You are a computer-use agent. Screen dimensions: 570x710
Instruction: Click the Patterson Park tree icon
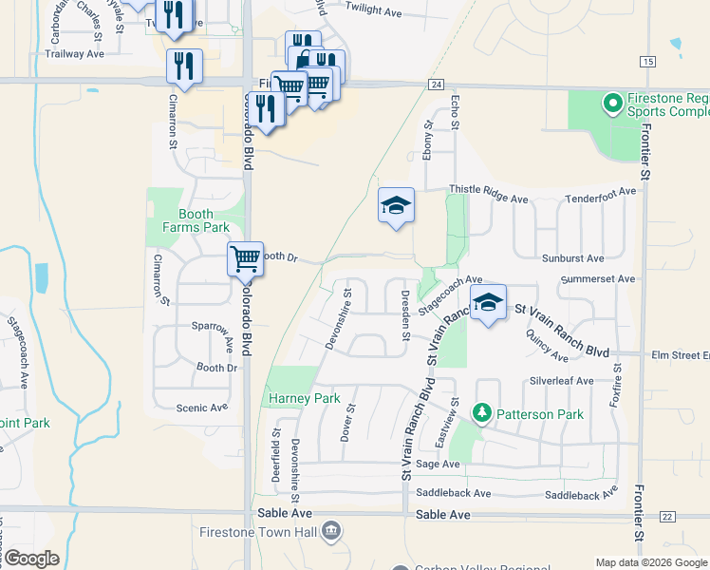click(x=482, y=414)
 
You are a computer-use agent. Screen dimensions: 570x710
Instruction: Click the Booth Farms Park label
click(x=196, y=220)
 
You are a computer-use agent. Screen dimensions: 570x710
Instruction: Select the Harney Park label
click(x=304, y=398)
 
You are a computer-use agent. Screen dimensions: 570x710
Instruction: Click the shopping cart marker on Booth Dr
click(x=245, y=257)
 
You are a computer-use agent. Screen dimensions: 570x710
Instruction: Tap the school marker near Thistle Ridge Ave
click(x=397, y=205)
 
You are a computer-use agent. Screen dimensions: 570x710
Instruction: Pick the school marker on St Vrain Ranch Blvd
click(x=488, y=302)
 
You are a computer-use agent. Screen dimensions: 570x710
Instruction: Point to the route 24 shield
click(x=436, y=85)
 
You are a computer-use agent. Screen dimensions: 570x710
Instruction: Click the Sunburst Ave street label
click(x=572, y=258)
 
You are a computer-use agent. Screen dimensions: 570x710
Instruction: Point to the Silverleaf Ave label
click(x=562, y=381)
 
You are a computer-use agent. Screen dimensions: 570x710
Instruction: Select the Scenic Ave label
click(x=202, y=408)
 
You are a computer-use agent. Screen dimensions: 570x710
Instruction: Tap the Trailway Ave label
click(x=74, y=54)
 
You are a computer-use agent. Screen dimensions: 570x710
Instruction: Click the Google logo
click(x=30, y=559)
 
